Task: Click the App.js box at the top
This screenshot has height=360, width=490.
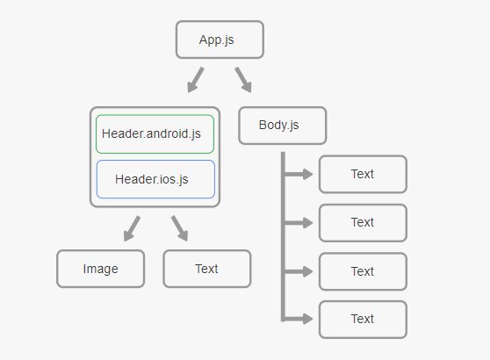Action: [x=219, y=40]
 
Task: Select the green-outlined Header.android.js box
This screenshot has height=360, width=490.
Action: [x=155, y=134]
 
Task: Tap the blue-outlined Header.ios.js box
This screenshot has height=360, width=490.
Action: [x=155, y=179]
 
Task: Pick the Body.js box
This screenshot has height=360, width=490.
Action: [x=281, y=125]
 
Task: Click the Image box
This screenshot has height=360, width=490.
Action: [x=100, y=269]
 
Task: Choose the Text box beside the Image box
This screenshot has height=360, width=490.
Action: [x=206, y=269]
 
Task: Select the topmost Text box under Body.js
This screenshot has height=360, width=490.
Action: [x=362, y=174]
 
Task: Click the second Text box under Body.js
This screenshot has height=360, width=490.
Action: [x=362, y=222]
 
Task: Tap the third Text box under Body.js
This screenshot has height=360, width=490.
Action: [x=362, y=271]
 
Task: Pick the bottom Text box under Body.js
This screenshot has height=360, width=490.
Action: [x=362, y=319]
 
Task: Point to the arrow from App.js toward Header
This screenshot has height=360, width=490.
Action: [x=196, y=80]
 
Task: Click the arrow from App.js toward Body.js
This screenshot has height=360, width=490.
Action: [x=243, y=80]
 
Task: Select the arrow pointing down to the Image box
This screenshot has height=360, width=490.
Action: [x=132, y=228]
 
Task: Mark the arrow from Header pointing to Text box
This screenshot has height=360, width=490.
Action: [x=179, y=228]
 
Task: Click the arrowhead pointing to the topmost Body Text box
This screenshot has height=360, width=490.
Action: [x=306, y=174]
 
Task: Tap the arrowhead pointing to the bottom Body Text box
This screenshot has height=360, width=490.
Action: [x=306, y=319]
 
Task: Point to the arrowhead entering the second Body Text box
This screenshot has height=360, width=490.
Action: [x=306, y=223]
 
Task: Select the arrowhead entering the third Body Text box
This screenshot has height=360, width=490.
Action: [x=306, y=271]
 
